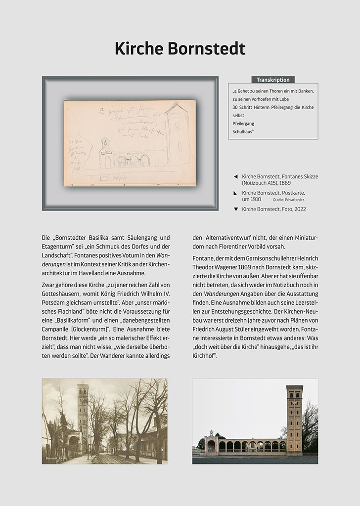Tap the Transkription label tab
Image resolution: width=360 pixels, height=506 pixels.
point(272,80)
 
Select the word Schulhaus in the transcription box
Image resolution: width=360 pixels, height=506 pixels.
point(243,131)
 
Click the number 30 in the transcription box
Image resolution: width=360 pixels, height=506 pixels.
point(235,107)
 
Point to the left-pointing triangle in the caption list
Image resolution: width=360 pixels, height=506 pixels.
point(235,176)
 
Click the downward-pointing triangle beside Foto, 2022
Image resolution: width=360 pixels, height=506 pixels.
point(235,210)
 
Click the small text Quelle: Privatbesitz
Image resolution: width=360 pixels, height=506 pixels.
point(288,200)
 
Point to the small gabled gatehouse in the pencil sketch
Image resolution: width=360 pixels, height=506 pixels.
point(105,153)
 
